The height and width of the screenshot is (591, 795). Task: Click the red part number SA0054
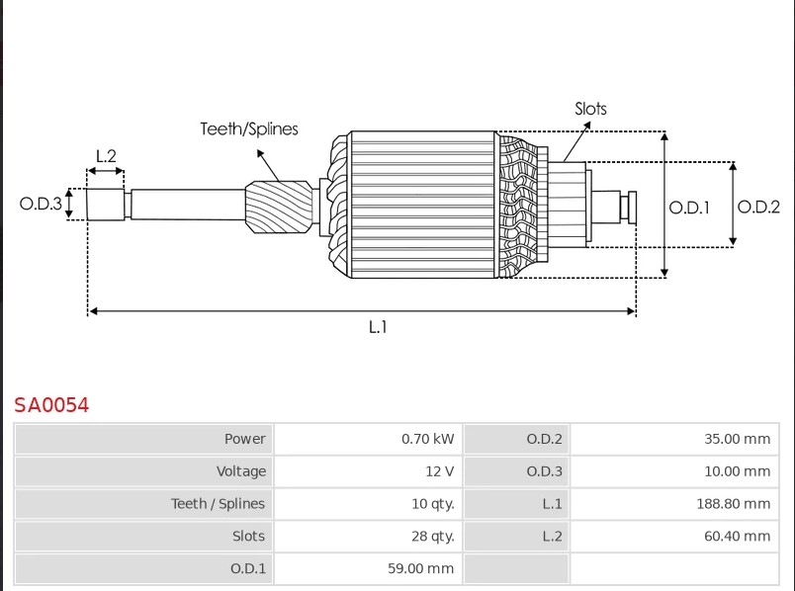[x=51, y=405]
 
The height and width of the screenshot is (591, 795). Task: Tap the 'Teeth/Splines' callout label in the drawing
[x=249, y=129]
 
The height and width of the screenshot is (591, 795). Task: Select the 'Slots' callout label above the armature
[x=590, y=109]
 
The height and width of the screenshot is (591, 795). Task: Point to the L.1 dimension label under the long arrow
[x=378, y=327]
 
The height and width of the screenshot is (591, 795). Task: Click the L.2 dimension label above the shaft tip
[x=106, y=155]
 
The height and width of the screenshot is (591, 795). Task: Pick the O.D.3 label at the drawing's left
[x=41, y=204]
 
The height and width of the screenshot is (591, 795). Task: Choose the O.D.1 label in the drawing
[x=689, y=208]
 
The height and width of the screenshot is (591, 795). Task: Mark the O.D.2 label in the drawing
[x=758, y=207]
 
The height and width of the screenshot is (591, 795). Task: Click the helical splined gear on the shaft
[x=279, y=207]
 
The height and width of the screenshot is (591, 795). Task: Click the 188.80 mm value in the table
[x=733, y=504]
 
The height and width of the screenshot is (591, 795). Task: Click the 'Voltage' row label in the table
[x=241, y=471]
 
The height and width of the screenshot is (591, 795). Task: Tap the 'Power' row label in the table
[x=245, y=439]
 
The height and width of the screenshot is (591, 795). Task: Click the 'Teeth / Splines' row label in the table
[x=218, y=504]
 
